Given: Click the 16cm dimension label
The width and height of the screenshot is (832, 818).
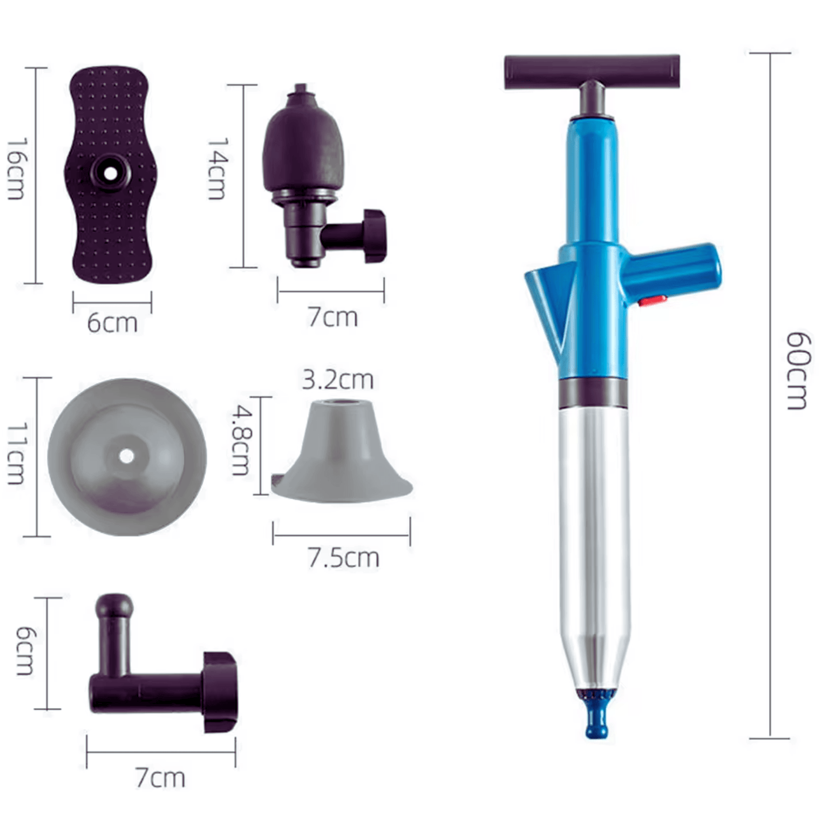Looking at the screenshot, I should tap(16, 169).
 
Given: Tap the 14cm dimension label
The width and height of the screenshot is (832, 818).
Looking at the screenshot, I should tap(218, 169).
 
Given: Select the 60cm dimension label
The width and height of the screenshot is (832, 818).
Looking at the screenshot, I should tap(798, 370).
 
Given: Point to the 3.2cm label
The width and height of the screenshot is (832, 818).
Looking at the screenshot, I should tap(338, 380).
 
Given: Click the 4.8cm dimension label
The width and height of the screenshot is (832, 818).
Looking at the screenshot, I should tap(241, 440).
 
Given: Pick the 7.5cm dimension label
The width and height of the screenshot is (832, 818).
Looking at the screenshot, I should tap(343, 558).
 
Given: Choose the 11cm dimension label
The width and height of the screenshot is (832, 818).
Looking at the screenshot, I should tap(16, 454).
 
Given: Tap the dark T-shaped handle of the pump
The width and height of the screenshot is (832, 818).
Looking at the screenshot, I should tap(591, 71).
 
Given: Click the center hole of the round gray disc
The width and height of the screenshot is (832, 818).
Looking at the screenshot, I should tap(127, 456).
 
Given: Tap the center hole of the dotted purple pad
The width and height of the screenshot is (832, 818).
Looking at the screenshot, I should tap(109, 171).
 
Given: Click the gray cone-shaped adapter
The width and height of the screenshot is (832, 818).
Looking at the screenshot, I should tap(341, 455).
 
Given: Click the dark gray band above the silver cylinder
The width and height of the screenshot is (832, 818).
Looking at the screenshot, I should tap(593, 393).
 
